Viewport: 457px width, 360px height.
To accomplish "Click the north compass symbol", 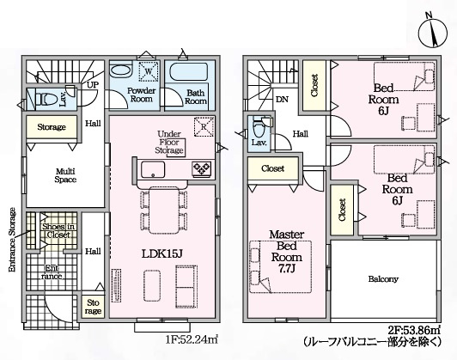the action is [x=433, y=32].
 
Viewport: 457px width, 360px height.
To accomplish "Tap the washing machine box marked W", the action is [x=149, y=71].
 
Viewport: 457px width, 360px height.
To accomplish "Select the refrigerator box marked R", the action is [x=204, y=126].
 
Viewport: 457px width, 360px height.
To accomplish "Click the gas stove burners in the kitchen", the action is [x=201, y=168].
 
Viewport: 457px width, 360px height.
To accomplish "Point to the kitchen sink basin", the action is [x=153, y=169].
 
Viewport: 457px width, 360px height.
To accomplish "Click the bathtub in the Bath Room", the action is [x=189, y=71].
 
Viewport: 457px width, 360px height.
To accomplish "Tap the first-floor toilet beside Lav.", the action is [x=46, y=99].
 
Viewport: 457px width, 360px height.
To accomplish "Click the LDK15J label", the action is [x=162, y=254].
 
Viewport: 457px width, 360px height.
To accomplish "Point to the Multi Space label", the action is [x=65, y=175].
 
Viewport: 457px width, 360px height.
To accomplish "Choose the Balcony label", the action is [x=383, y=279].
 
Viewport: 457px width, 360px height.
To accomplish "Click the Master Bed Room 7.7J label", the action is [x=287, y=251].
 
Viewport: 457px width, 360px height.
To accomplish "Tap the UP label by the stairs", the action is [x=93, y=85].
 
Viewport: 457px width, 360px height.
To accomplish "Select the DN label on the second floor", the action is [x=282, y=100].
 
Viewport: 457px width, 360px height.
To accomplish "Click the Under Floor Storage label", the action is [x=169, y=143].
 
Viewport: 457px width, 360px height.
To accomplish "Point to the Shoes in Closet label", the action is [x=58, y=230].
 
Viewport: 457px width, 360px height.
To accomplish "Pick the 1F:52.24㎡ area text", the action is [x=192, y=339].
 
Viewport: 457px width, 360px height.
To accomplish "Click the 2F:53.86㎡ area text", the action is [x=414, y=330].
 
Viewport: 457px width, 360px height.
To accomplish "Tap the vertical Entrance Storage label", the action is [x=12, y=240].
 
